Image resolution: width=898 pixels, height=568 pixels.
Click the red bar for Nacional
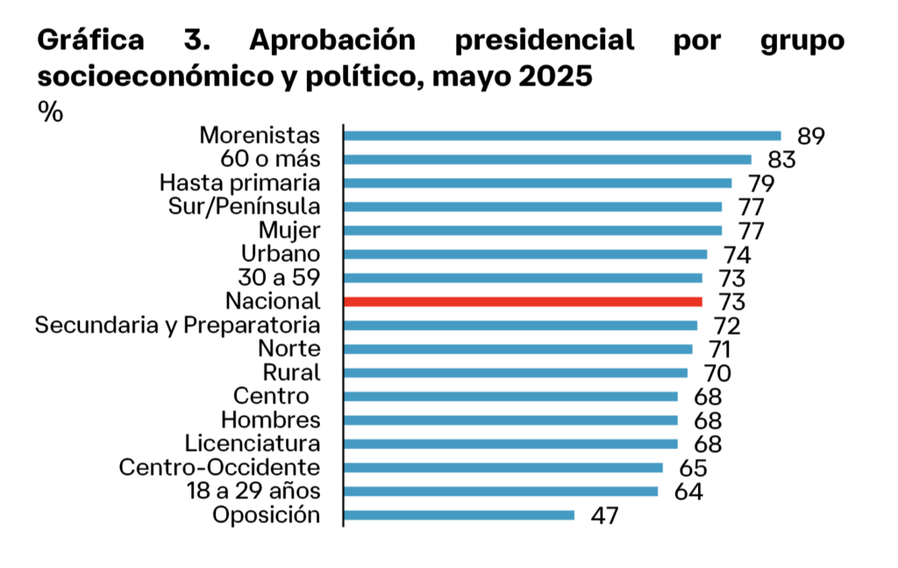pos(523,301)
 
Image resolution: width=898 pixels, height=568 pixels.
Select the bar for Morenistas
pos(562,136)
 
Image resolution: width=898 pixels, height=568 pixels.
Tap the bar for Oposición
pos(459,515)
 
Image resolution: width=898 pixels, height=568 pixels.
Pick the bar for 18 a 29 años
pos(501,492)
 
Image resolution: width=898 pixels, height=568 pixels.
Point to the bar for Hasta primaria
pos(538,183)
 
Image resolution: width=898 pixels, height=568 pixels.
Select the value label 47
pos(605,515)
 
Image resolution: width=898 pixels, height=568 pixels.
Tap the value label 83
pos(780,160)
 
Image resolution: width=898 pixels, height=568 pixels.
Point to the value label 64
pos(688,492)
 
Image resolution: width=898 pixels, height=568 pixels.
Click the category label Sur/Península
pos(244,207)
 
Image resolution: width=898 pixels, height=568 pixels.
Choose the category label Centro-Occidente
pos(219,467)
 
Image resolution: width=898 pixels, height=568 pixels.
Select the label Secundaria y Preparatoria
pos(177,325)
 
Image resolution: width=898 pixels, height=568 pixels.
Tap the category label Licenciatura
pos(253,443)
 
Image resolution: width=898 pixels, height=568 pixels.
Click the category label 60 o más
pos(274,160)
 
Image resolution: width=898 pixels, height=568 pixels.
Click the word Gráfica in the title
pos(90,41)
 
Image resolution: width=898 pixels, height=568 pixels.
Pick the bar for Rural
pos(516,372)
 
